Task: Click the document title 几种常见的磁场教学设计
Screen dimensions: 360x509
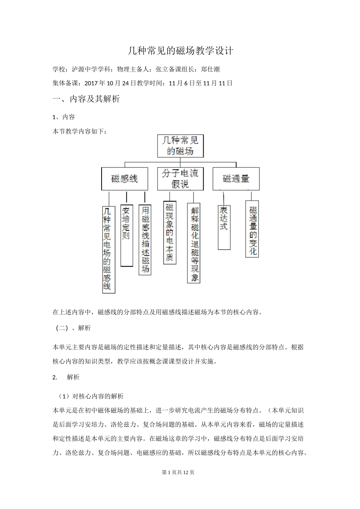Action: pos(180,51)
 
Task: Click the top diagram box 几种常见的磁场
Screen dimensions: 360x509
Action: pos(180,146)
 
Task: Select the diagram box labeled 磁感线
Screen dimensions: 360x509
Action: pos(124,179)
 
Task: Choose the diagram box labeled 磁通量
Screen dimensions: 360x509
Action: pos(236,179)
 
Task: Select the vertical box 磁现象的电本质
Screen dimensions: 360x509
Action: pos(169,233)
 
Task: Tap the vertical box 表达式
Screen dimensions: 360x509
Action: pos(224,227)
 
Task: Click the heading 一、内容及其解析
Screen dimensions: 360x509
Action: pos(86,99)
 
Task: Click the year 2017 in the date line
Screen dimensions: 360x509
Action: pos(91,83)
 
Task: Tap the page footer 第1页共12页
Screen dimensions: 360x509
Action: pos(178,472)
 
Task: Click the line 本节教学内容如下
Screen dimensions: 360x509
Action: pos(79,131)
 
